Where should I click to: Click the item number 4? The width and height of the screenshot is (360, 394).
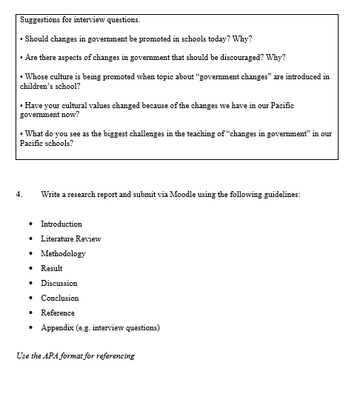19,194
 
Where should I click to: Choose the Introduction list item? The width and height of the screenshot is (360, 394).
61,224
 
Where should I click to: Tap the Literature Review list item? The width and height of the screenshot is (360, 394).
71,238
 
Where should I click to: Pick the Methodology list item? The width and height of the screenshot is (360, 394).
63,253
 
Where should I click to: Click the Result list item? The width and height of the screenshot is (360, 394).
52,268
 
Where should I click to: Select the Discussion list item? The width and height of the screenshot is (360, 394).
59,283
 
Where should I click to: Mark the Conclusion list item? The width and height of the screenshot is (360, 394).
60,298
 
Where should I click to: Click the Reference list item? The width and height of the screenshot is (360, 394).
58,313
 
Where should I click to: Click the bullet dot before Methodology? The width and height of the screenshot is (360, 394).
30,254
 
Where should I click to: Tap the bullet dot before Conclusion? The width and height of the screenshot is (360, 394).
30,298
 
